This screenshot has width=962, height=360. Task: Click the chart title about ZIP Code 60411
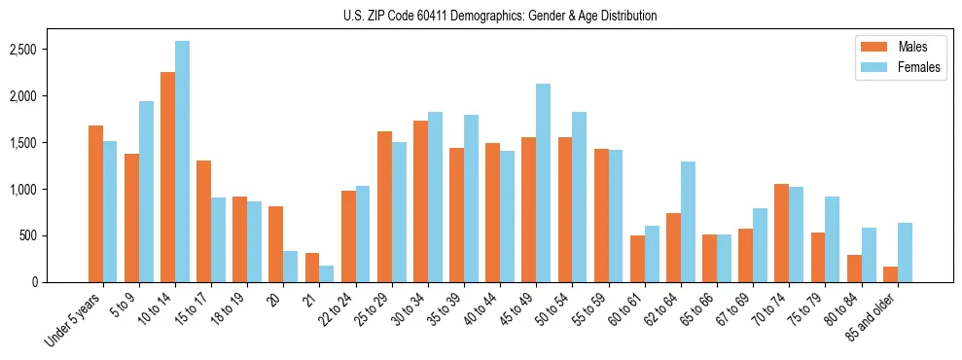click(500, 16)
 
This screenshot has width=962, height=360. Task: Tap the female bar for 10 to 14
click(182, 162)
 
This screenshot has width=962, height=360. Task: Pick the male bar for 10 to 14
click(167, 177)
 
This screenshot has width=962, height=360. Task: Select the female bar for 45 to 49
click(543, 183)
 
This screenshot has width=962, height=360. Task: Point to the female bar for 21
click(326, 273)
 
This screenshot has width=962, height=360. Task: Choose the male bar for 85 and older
click(889, 274)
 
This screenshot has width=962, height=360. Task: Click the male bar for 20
click(275, 244)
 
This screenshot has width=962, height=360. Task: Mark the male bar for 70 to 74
click(781, 233)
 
